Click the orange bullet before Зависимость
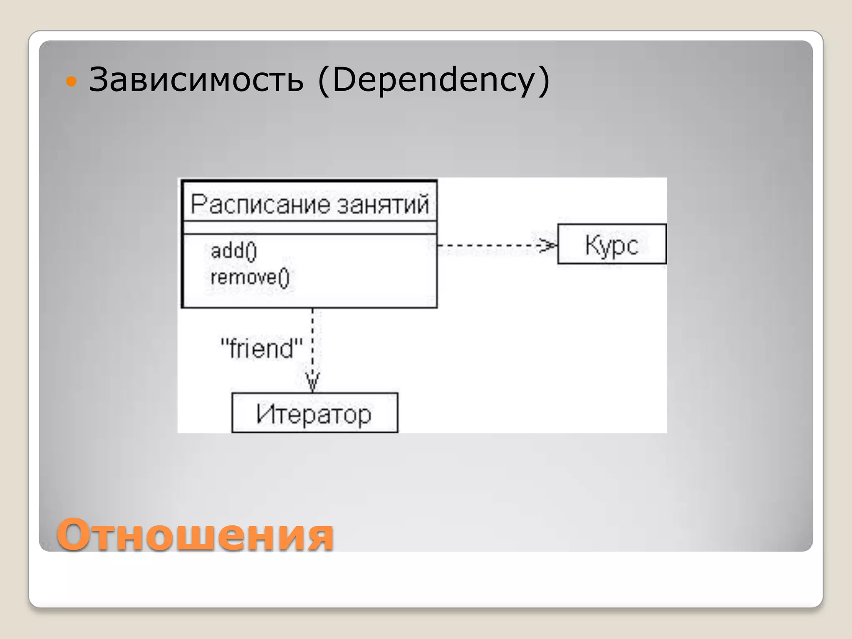[72, 81]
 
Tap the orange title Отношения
[195, 534]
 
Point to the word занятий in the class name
[382, 205]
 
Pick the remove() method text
[250, 277]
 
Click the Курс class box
[612, 244]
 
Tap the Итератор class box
[315, 413]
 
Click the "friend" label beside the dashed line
[261, 348]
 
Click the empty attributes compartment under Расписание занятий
[310, 228]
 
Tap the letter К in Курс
[592, 244]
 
